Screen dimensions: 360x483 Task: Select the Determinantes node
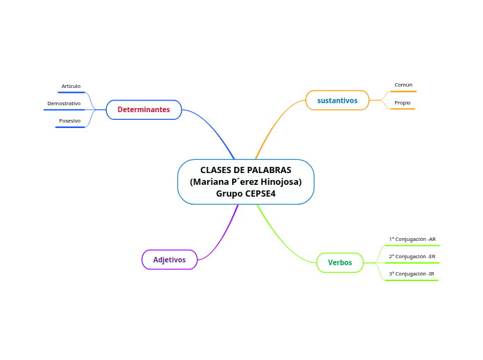(x=143, y=109)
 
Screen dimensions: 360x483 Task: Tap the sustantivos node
(x=337, y=100)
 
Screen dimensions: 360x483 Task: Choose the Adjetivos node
(x=170, y=260)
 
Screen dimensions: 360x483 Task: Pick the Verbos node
(x=340, y=262)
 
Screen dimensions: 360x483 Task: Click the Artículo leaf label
(x=71, y=87)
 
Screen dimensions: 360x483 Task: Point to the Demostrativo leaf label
(x=64, y=104)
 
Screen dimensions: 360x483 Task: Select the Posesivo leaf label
(x=69, y=121)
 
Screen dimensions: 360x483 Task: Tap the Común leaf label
(x=403, y=85)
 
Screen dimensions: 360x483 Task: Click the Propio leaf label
(x=403, y=103)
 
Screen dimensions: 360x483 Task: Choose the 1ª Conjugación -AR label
(x=412, y=240)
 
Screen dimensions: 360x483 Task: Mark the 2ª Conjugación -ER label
(x=412, y=257)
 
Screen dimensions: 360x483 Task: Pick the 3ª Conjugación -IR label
(x=412, y=274)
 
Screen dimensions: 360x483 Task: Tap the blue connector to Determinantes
(x=215, y=128)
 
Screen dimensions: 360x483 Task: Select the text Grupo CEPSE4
(x=245, y=194)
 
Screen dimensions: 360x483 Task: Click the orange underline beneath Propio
(x=403, y=109)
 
